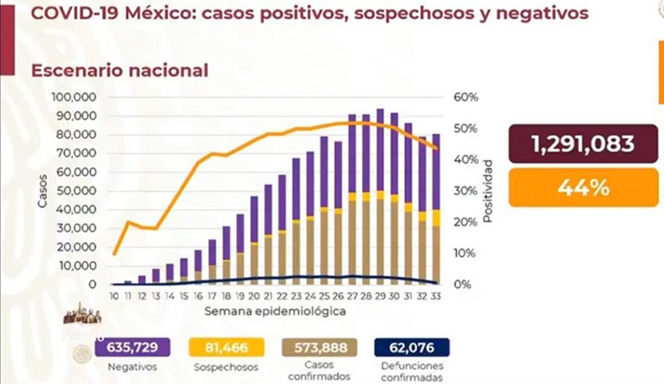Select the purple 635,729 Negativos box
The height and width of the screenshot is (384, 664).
(139, 347)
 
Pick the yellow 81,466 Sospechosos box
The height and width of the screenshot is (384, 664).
(225, 347)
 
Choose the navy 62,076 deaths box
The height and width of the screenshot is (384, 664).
(411, 347)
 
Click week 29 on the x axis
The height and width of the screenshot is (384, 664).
(380, 295)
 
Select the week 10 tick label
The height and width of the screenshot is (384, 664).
(113, 295)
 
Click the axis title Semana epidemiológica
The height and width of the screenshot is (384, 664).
(275, 311)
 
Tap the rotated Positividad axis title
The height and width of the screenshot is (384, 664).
(488, 191)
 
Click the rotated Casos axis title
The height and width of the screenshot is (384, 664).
(42, 191)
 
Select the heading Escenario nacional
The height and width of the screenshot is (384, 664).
(119, 71)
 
